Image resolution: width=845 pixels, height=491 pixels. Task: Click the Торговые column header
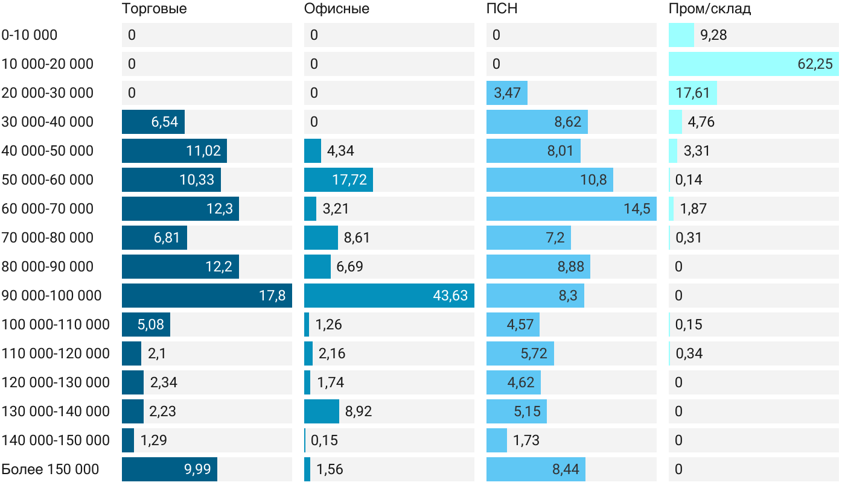click(x=154, y=8)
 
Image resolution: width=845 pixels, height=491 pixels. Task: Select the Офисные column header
click(x=336, y=8)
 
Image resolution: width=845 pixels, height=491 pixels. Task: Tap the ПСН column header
click(x=502, y=8)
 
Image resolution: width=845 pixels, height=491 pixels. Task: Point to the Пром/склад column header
click(x=709, y=8)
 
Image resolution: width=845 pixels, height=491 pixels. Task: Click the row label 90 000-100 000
click(x=51, y=296)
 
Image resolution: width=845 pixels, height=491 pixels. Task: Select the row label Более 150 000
click(x=50, y=469)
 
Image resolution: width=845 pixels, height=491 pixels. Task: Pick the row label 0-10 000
click(x=30, y=35)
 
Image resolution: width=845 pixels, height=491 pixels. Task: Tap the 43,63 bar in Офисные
click(x=389, y=296)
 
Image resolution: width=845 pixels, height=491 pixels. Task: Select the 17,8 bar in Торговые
click(x=206, y=296)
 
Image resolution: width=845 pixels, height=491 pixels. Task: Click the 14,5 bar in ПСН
click(x=571, y=209)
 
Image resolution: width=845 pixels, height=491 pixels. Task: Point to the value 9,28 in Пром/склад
click(x=713, y=35)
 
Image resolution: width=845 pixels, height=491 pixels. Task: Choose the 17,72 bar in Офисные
click(x=338, y=180)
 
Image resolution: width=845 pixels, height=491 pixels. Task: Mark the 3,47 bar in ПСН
click(x=506, y=93)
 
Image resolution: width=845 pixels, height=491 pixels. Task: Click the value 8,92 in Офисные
click(x=359, y=411)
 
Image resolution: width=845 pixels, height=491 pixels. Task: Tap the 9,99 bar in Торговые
click(x=169, y=469)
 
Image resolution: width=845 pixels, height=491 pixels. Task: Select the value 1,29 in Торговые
click(x=153, y=440)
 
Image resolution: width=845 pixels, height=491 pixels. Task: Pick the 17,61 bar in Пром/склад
click(x=692, y=93)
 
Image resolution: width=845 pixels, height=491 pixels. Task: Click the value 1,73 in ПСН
click(x=526, y=440)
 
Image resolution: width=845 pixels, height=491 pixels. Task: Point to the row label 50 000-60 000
click(x=48, y=180)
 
